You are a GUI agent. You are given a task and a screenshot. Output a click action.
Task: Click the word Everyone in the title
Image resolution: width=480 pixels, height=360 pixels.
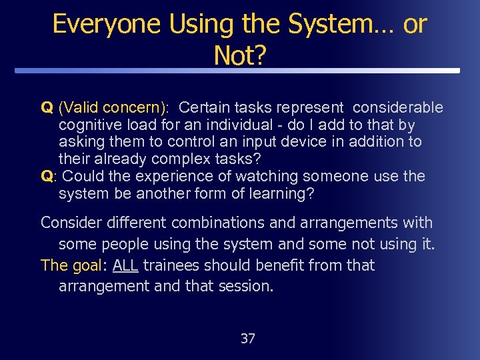point(107,24)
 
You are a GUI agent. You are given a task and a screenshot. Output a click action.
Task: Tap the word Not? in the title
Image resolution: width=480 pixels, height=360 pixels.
point(239,56)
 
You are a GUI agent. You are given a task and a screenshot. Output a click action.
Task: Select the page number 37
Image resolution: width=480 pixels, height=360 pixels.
point(247,339)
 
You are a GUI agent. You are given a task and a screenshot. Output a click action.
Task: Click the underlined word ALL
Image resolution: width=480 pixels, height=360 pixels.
point(125,265)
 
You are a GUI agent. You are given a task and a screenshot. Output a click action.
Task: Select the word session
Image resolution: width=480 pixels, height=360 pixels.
point(247,287)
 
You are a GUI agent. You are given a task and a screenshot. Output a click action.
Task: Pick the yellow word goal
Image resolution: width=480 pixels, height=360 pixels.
point(86,265)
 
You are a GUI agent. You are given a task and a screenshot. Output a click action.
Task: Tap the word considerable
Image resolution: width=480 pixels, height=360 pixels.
point(397,107)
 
